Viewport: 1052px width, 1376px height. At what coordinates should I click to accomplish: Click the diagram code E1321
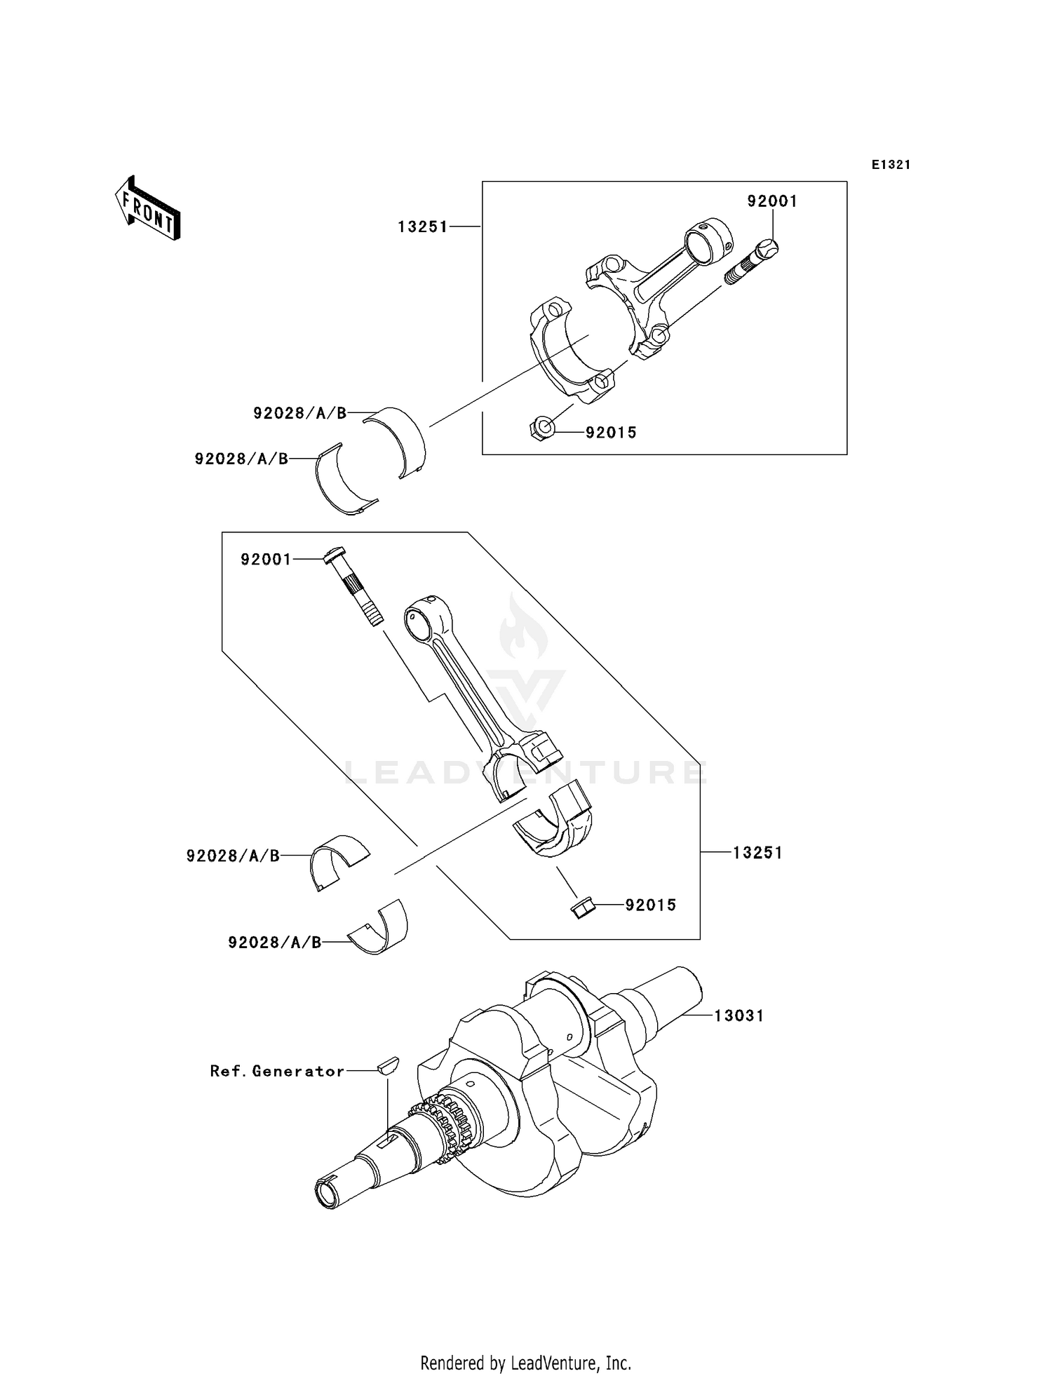[891, 165]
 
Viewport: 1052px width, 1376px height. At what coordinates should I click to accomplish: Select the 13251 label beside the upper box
[422, 227]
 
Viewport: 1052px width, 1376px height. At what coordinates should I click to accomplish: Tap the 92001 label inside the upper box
[772, 201]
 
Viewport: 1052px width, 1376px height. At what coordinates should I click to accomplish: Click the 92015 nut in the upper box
[542, 427]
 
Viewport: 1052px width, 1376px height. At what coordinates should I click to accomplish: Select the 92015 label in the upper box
[612, 433]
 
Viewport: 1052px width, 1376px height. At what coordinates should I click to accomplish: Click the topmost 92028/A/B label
[300, 414]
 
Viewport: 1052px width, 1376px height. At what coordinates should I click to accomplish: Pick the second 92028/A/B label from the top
[241, 459]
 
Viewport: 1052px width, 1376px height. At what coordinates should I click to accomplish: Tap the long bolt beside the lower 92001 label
[355, 586]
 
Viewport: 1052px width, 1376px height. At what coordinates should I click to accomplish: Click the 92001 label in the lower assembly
[266, 560]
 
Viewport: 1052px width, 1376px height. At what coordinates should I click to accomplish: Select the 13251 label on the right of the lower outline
[758, 853]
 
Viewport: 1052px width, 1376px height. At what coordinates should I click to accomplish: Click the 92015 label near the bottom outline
[651, 905]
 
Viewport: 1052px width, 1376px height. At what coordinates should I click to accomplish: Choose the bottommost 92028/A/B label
[274, 943]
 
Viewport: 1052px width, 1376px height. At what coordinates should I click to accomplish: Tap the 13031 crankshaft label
[739, 1016]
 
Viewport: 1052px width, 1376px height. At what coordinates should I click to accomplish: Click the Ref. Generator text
[278, 1071]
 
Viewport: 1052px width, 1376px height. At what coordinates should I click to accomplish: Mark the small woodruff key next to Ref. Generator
[386, 1066]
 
